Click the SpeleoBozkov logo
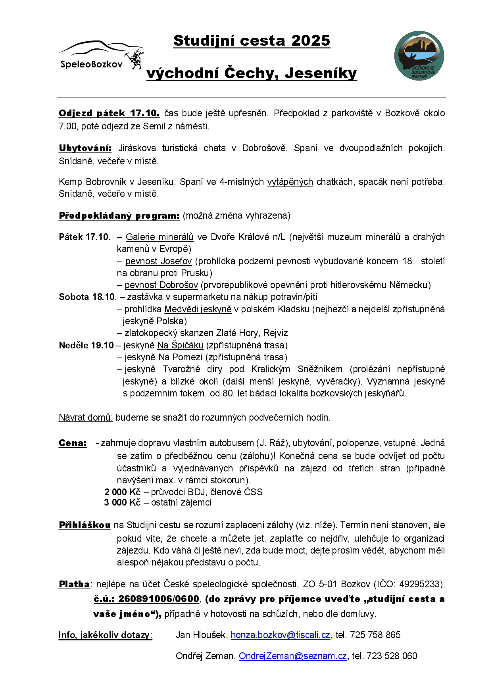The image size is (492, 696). coord(101,56)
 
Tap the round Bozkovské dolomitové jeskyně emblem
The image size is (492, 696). coord(419,56)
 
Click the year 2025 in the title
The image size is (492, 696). coord(310,40)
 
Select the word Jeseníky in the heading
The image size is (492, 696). coord(321,73)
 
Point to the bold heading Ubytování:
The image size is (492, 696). coord(85,148)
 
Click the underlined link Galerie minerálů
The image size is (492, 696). coord(160,237)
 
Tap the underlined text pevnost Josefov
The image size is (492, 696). coord(158,261)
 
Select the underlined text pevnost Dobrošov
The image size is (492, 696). coord(161,285)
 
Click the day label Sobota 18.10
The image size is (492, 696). coord(87,297)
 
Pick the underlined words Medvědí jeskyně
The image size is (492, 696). coord(198,309)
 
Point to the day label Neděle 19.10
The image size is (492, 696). coord(87,345)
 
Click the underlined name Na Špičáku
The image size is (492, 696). coord(180,345)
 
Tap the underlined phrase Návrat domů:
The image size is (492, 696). coord(86,417)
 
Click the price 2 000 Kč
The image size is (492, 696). coord(123,492)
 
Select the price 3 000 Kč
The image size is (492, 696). coord(122,502)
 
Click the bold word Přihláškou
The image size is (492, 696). coord(85,525)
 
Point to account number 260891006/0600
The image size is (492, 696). coord(158,599)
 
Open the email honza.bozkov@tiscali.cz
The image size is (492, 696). coord(280,635)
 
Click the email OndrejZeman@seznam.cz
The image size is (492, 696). coord(293,656)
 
